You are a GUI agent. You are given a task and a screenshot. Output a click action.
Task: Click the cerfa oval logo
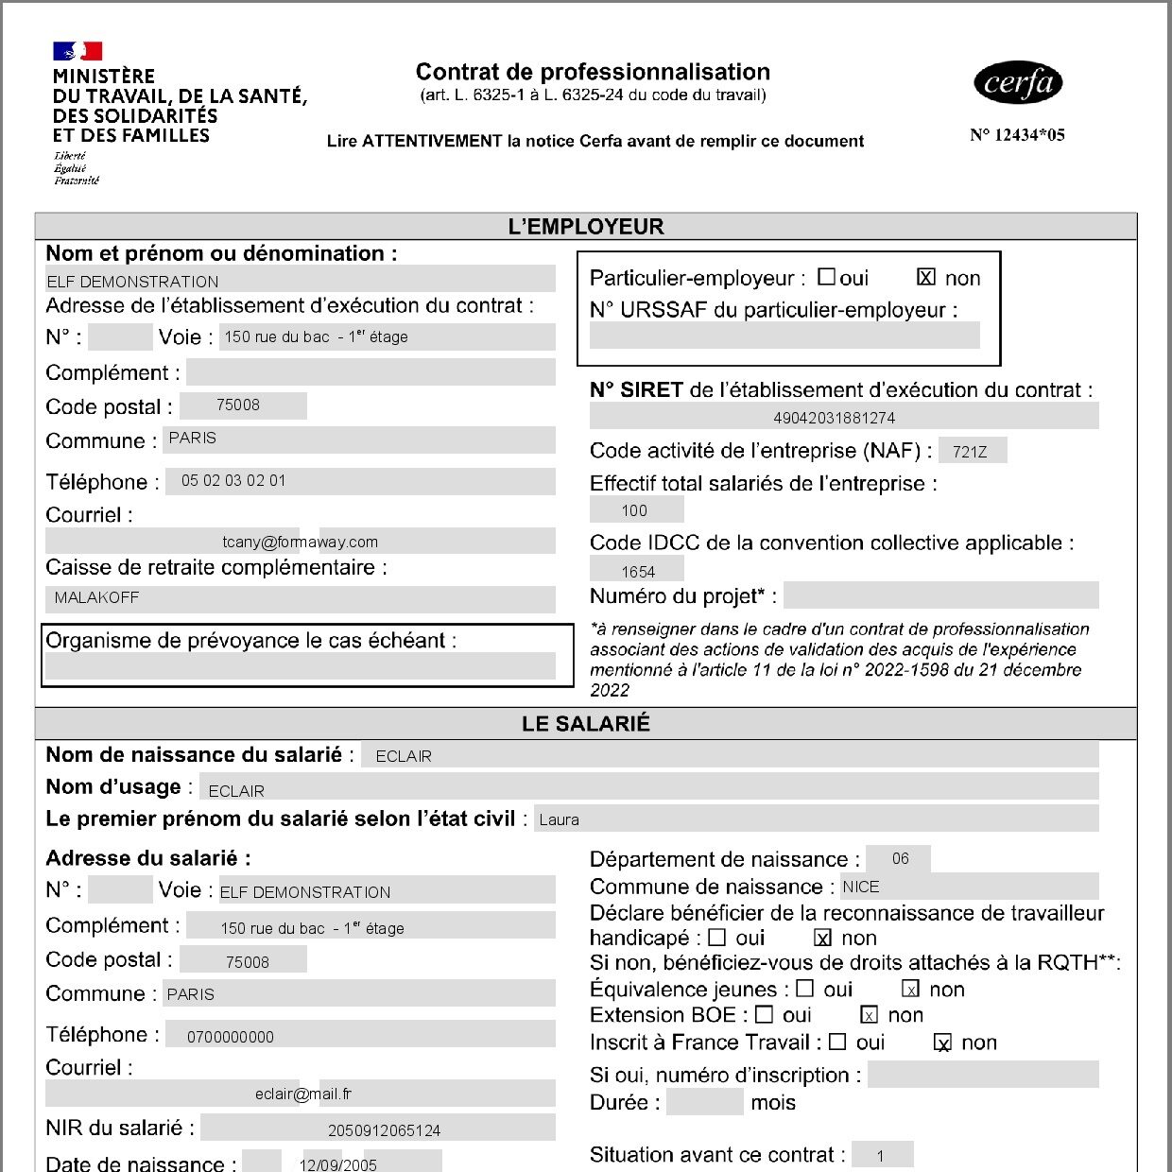click(1018, 83)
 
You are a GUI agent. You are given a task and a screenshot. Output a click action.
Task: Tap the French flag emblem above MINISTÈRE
click(78, 51)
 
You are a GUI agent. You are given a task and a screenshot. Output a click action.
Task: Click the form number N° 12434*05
click(1017, 135)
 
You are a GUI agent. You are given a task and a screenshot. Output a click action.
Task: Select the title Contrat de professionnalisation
click(593, 72)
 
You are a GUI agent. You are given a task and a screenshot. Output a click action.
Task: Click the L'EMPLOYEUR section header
click(586, 227)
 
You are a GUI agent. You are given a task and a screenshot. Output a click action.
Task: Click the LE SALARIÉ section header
click(586, 724)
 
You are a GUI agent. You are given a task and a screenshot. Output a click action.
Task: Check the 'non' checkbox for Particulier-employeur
click(926, 277)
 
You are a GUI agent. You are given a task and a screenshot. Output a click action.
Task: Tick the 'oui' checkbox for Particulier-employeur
click(826, 277)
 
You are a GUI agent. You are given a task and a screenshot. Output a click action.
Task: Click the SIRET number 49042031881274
click(834, 418)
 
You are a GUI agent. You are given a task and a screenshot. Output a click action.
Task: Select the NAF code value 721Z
click(970, 452)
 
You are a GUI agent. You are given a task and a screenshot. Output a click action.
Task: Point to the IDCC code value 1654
click(638, 572)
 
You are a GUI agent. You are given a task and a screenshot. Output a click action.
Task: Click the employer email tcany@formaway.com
click(300, 542)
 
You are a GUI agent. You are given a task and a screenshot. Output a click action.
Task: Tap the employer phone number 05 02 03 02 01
click(233, 481)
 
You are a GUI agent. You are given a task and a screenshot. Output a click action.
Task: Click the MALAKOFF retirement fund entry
click(96, 598)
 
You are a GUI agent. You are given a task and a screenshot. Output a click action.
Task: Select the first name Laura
click(559, 819)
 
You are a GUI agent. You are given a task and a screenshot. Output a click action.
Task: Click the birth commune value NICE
click(861, 887)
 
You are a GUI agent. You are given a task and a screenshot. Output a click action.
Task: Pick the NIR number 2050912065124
click(384, 1130)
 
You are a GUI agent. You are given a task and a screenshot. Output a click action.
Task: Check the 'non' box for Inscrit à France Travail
click(942, 1043)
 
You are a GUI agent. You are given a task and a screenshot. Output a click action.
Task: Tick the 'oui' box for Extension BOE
click(765, 1015)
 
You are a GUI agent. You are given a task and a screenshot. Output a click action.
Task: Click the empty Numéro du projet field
click(940, 595)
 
